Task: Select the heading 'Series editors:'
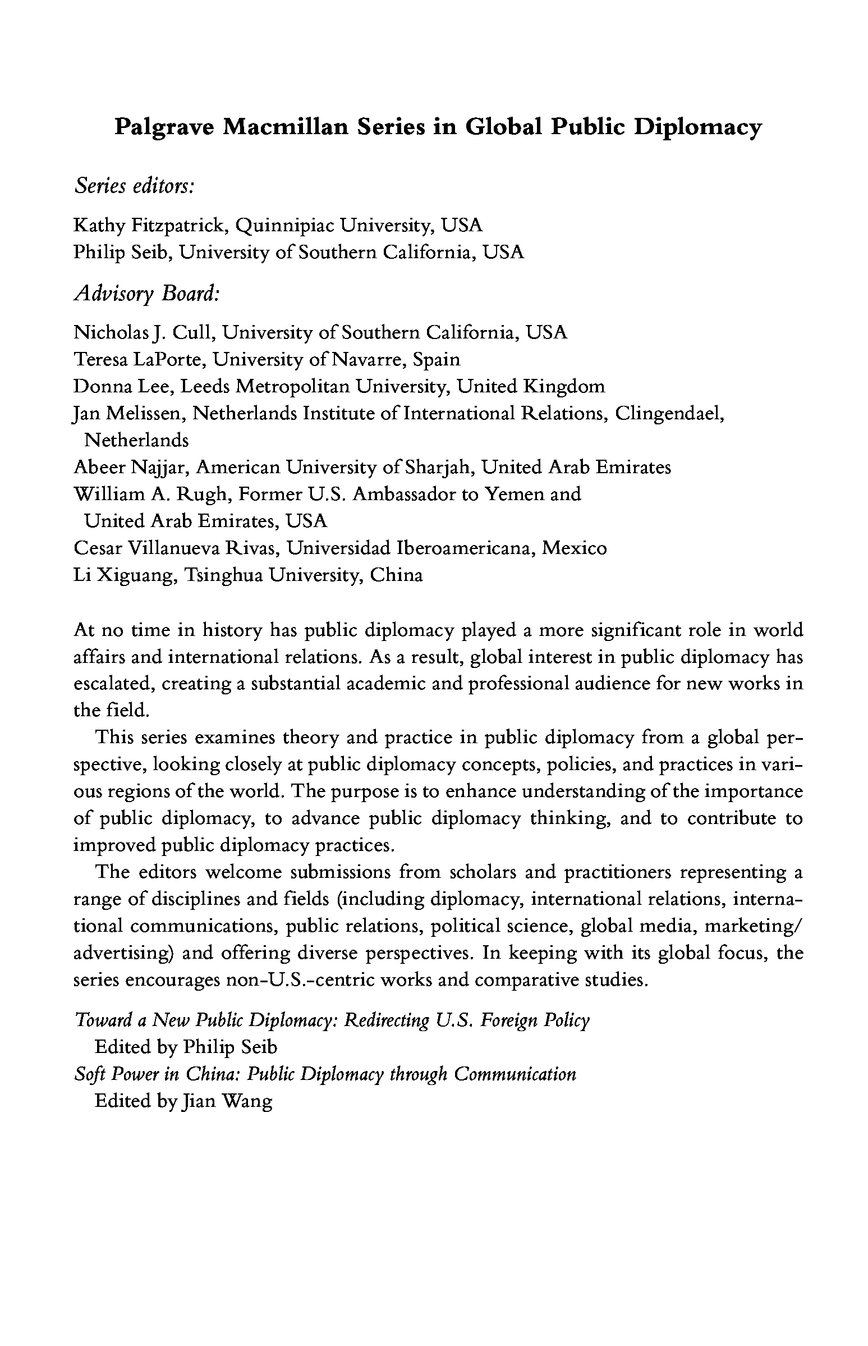pyautogui.click(x=134, y=186)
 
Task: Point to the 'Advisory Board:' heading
pyautogui.click(x=146, y=293)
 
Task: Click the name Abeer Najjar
pyautogui.click(x=130, y=468)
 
